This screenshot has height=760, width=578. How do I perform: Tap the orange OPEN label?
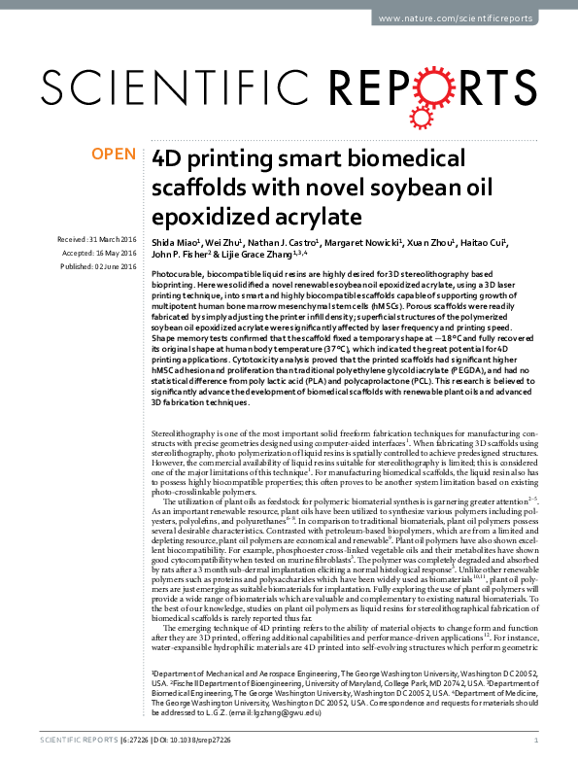115,154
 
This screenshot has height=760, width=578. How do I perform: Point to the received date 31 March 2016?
97,238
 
